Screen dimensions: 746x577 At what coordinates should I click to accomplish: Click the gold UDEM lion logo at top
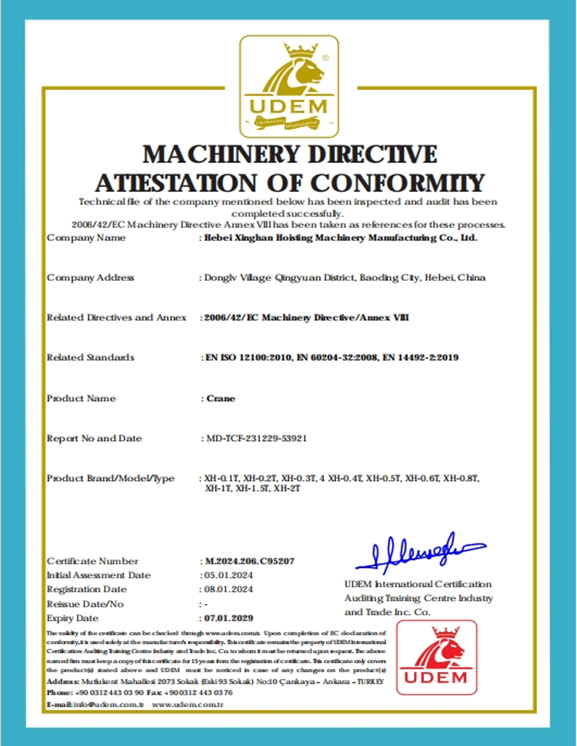coord(289,86)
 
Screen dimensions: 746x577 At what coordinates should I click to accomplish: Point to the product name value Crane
coord(221,399)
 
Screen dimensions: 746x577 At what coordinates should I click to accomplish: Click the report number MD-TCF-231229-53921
coord(256,438)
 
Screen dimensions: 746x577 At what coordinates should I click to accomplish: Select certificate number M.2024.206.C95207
coord(250,561)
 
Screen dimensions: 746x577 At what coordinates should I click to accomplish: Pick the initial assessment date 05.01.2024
coord(228,575)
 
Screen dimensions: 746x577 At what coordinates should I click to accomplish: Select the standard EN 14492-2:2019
coord(421,358)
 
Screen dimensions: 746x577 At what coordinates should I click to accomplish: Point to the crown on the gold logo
coord(300,51)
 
